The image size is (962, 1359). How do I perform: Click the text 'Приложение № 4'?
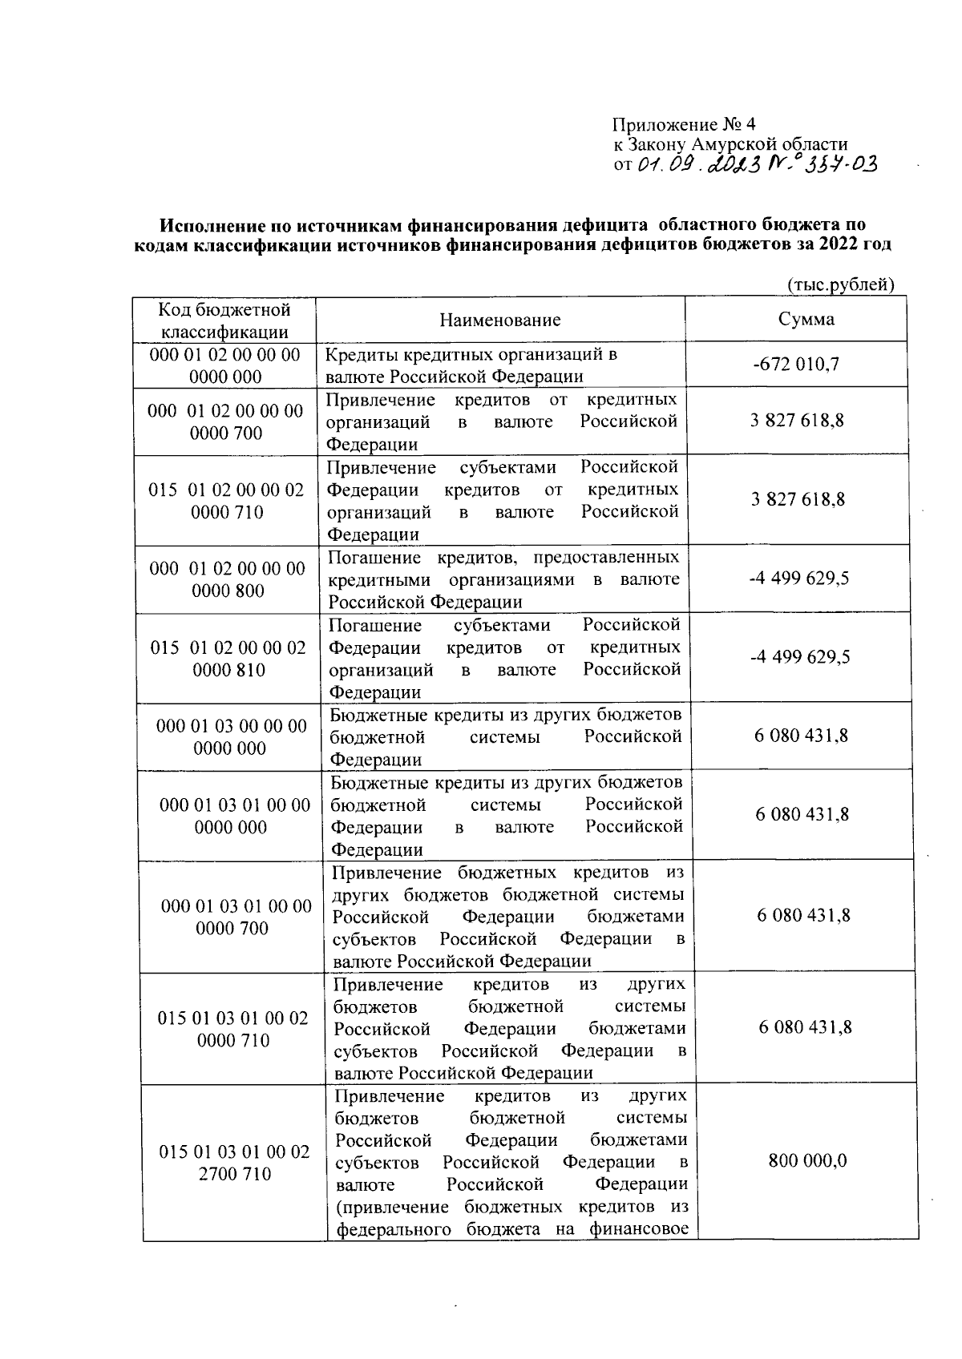click(x=684, y=124)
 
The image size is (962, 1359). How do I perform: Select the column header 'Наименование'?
click(x=500, y=320)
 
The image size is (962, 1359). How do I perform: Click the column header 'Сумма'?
click(x=806, y=319)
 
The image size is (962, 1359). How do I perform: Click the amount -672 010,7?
click(x=796, y=365)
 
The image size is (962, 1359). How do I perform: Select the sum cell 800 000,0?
click(x=807, y=1161)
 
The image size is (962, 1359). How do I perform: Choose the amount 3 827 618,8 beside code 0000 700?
click(x=797, y=421)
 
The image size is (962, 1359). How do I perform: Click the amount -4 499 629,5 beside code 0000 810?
click(x=800, y=657)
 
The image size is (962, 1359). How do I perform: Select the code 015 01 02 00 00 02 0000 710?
click(x=227, y=501)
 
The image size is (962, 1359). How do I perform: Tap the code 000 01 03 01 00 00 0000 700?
click(x=236, y=917)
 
